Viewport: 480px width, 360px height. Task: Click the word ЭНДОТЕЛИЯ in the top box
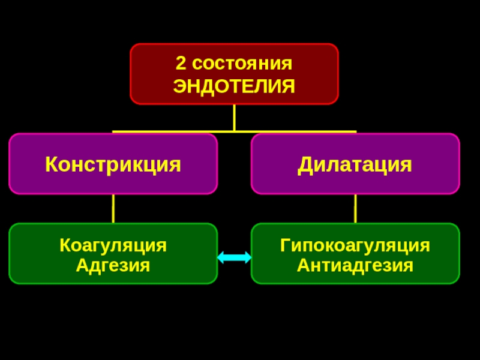234,85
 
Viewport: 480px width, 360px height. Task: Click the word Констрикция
113,164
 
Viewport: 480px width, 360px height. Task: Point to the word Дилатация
355,164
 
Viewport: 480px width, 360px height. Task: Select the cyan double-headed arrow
234,257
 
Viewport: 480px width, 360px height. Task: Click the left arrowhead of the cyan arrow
221,257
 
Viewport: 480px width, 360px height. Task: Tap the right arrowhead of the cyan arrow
247,257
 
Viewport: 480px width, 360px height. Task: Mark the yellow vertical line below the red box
234,117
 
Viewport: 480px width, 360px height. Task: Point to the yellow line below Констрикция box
113,208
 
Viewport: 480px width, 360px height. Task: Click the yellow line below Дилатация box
355,208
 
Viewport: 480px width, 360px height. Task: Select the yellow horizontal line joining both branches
180,131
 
